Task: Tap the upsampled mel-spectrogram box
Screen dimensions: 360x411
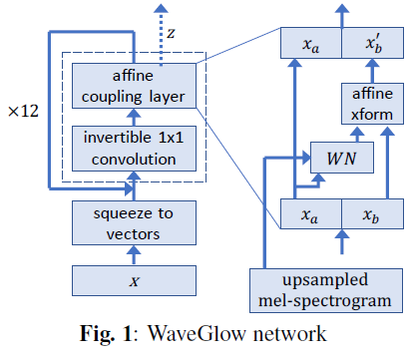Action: point(330,288)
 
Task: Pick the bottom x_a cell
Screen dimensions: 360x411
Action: point(312,213)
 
